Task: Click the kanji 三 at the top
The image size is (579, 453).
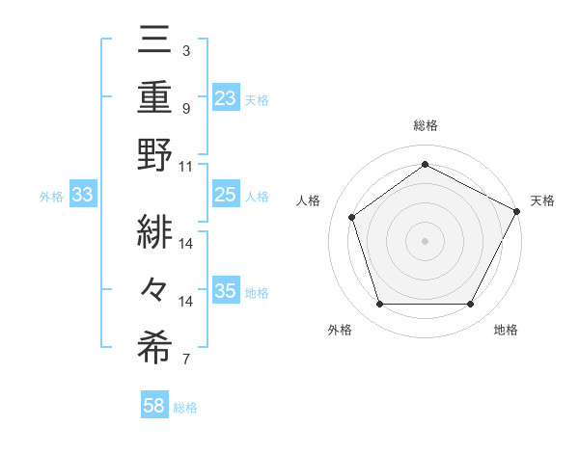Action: click(x=155, y=41)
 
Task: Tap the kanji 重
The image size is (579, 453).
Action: click(x=155, y=97)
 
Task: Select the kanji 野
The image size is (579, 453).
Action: click(x=155, y=155)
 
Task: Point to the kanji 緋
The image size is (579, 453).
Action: click(x=155, y=231)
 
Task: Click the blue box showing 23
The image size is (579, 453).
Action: click(x=226, y=98)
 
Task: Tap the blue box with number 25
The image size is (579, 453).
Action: click(x=225, y=196)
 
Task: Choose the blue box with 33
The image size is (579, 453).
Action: click(x=82, y=196)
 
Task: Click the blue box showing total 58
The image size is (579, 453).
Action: click(x=153, y=407)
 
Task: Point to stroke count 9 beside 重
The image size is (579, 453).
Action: click(x=185, y=108)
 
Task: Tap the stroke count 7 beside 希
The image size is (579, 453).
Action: click(x=185, y=360)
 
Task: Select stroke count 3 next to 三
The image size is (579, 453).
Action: click(x=185, y=50)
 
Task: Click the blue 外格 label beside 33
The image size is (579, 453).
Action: click(x=51, y=197)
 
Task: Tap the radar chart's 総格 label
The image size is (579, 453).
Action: click(x=425, y=125)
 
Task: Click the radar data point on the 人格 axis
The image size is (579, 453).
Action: click(x=352, y=217)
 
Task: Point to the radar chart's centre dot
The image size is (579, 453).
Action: click(x=425, y=240)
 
